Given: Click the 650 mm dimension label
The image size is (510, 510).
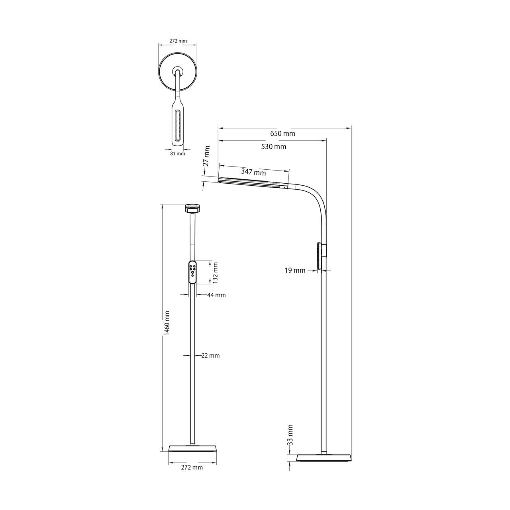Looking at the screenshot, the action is point(282,133).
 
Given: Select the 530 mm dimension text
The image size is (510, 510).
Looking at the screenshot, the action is point(273,146).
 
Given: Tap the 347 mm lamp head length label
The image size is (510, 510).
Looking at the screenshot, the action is point(253,172).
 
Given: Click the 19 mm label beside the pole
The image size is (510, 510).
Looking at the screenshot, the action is point(295,271).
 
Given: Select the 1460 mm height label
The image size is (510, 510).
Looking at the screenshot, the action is point(167,323).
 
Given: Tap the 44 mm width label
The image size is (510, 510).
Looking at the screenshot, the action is point(216,295).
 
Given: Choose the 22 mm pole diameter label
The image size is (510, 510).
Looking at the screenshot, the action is point(210,356).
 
